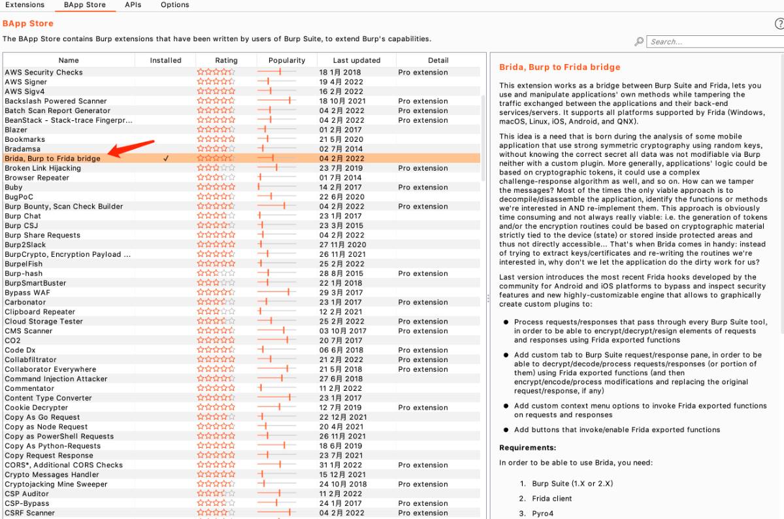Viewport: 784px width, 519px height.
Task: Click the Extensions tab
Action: (25, 5)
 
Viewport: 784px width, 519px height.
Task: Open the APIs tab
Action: (133, 5)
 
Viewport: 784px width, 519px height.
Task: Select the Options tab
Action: (174, 5)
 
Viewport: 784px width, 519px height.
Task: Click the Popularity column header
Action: (286, 60)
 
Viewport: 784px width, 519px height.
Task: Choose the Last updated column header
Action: (356, 60)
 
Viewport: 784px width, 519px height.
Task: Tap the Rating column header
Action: (226, 60)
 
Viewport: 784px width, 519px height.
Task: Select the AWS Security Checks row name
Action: (44, 73)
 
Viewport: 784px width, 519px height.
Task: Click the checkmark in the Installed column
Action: (166, 158)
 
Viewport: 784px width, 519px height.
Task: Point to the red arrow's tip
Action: (109, 154)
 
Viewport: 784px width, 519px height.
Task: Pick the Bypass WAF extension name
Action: (27, 293)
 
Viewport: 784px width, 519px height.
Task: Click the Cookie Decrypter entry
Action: (37, 408)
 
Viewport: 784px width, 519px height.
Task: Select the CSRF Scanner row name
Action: (30, 513)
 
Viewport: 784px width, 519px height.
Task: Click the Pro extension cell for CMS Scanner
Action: (423, 331)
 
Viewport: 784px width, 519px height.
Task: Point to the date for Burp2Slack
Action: (342, 245)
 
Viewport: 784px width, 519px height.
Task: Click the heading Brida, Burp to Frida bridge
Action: (559, 67)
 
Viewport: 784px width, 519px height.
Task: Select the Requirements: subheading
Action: (527, 448)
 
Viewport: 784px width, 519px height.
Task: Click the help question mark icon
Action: (779, 24)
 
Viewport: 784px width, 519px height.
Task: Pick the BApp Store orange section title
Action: (28, 24)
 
